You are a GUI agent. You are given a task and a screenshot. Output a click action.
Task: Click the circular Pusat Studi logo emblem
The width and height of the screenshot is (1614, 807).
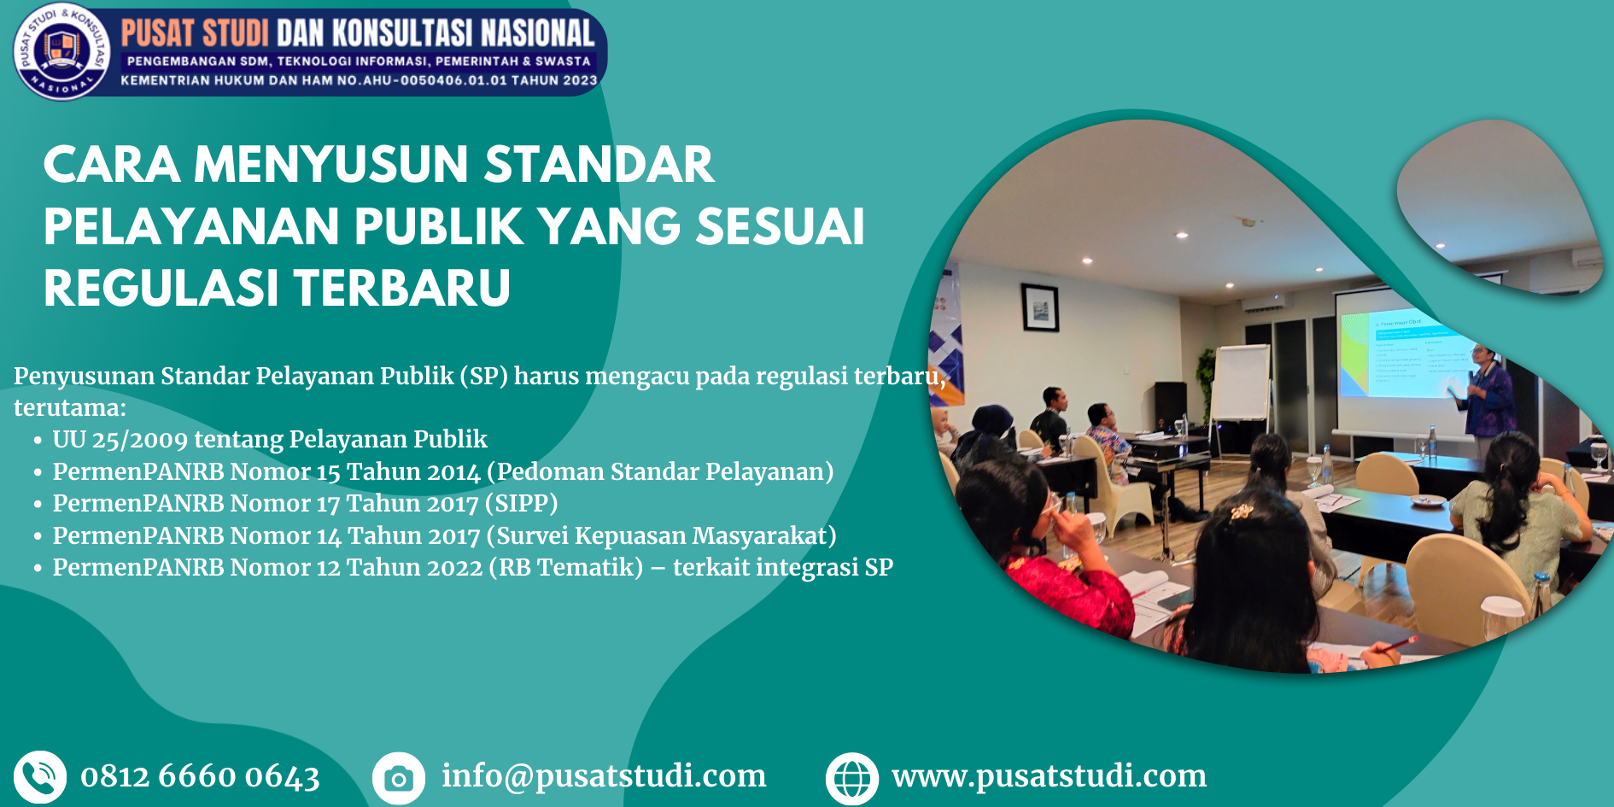(61, 50)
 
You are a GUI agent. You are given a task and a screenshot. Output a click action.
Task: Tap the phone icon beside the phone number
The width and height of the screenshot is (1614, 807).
(40, 777)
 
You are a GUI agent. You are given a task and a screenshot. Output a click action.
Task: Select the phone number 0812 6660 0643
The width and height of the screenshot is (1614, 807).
(200, 776)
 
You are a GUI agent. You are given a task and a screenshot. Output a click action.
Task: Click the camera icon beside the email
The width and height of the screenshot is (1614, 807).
(399, 777)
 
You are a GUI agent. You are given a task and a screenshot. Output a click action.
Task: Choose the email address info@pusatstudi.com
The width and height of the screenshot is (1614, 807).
(604, 775)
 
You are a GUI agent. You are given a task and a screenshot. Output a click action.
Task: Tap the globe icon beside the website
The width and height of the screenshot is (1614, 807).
(852, 778)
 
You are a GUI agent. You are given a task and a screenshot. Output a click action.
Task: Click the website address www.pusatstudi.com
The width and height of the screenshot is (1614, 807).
(1050, 775)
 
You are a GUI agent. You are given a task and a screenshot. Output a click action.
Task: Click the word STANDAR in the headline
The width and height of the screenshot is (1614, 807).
(599, 164)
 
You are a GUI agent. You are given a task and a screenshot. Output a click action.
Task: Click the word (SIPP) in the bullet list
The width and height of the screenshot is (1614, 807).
(521, 503)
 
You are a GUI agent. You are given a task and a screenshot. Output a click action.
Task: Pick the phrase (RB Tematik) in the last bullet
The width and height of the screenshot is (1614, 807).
(565, 567)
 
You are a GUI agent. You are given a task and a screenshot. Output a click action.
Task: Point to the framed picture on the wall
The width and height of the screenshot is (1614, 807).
(1039, 307)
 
